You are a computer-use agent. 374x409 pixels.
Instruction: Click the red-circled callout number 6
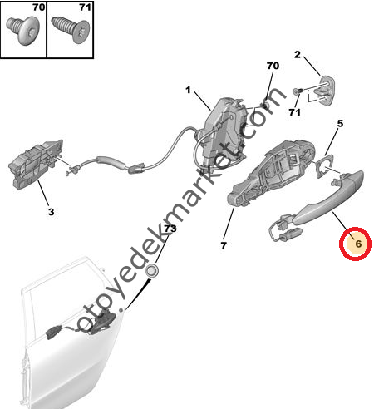click(358, 244)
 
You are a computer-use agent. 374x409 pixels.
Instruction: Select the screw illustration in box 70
click(23, 30)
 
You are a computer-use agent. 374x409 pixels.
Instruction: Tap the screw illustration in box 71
click(71, 30)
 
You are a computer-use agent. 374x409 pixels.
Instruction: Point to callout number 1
click(189, 90)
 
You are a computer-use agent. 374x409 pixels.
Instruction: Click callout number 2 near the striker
click(298, 55)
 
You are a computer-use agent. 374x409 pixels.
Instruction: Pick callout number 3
click(51, 212)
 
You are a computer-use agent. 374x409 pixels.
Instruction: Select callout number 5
click(340, 123)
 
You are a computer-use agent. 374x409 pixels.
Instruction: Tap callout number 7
click(224, 245)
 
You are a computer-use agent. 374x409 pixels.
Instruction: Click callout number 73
click(170, 229)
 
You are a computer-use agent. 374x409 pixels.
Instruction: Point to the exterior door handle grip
click(330, 197)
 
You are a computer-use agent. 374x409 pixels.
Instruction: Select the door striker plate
click(327, 91)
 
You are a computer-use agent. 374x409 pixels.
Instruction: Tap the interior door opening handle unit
click(36, 165)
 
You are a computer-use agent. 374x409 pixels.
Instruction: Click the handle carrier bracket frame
click(270, 173)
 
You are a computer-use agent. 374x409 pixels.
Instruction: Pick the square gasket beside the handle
click(324, 166)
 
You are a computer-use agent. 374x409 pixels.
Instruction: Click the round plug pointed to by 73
click(151, 271)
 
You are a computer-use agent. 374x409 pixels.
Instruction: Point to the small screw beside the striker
click(298, 91)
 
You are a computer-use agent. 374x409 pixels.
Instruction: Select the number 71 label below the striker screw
click(295, 112)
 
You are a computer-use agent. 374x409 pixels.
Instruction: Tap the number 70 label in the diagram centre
click(273, 66)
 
